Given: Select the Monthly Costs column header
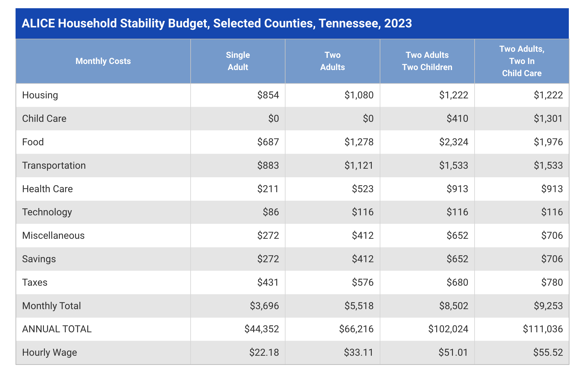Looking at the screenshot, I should coord(103,61).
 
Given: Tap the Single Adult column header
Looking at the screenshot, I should coord(238,61).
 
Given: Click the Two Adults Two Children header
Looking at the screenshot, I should coord(427,61).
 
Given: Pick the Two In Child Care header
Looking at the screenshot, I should coord(522,61).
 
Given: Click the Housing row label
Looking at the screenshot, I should coord(40,95).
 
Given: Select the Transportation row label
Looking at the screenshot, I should coord(54,166).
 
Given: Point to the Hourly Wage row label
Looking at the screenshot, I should coord(49,353).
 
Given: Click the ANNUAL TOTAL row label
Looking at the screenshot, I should coord(57,329).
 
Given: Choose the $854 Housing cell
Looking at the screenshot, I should coord(268,95).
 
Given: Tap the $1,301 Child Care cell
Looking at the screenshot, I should coord(548,119).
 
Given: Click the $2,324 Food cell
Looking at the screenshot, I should coord(453,142).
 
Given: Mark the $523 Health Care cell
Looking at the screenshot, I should coord(362,189).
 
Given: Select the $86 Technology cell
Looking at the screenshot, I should coord(271,212).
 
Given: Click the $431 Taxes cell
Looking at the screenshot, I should coord(268,283).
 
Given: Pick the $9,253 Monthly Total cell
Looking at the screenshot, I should coord(548,306).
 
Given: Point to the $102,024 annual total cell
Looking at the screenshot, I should coord(448,329).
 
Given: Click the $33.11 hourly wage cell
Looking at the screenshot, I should coord(358,353).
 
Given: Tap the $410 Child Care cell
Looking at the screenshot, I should coord(457,119).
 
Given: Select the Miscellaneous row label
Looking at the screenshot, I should coord(53,236).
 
